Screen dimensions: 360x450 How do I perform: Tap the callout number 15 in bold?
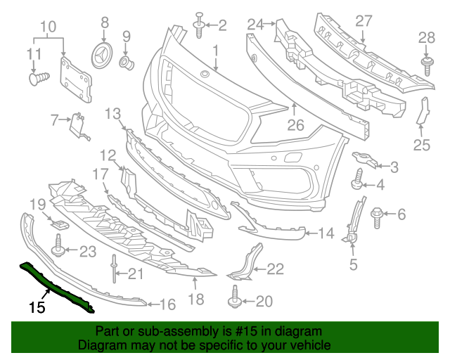(x=37, y=307)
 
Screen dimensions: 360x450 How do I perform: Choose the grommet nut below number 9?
(x=127, y=63)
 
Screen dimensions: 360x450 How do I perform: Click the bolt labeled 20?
(x=234, y=300)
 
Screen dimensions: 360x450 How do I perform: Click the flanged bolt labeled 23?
(x=59, y=247)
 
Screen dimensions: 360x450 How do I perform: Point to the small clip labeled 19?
(x=59, y=224)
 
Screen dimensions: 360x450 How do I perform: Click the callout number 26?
(x=295, y=127)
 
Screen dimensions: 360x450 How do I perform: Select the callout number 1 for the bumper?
(x=216, y=51)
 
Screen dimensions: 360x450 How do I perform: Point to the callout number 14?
(x=326, y=233)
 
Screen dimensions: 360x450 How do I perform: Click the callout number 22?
(x=275, y=268)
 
